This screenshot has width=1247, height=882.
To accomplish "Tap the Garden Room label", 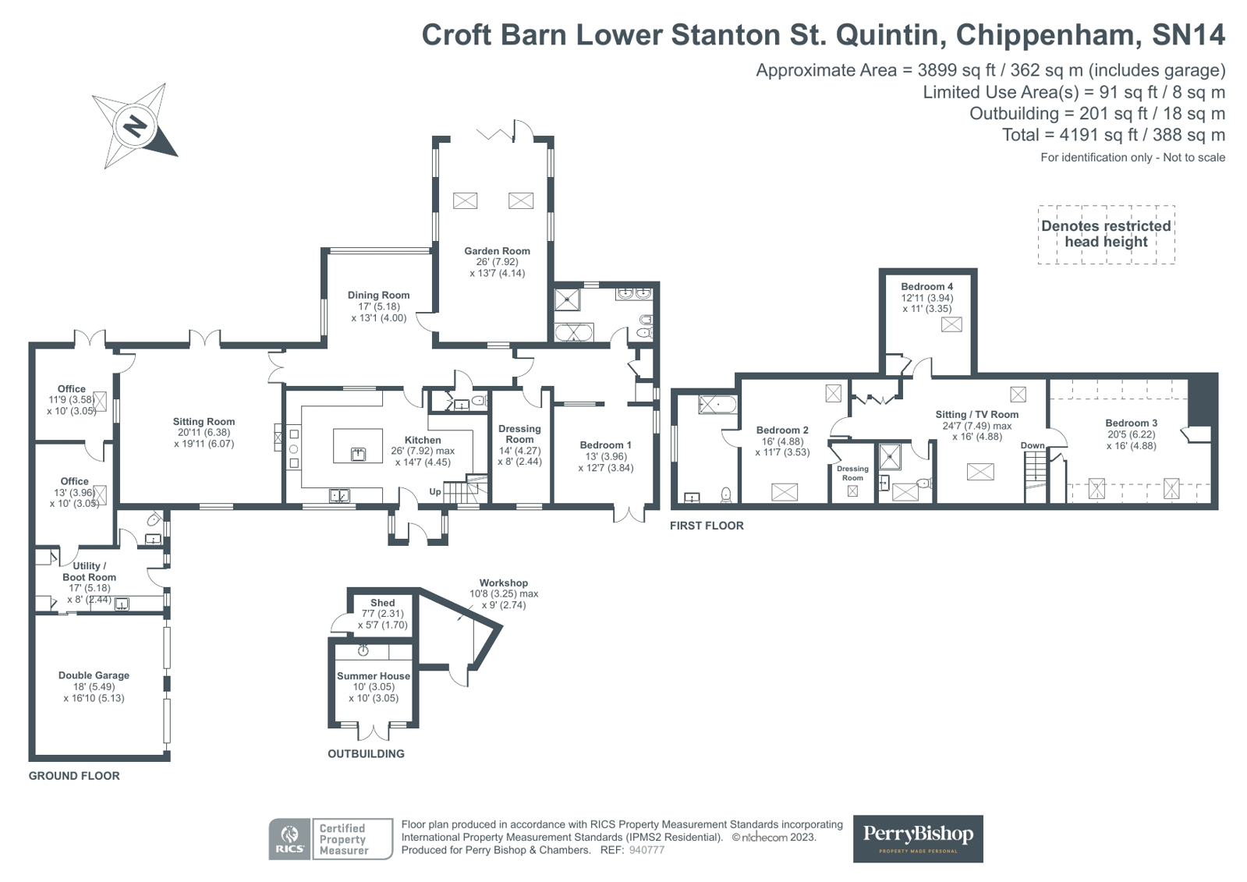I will pos(497,251).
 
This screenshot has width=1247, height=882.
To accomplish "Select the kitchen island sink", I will pos(358,454).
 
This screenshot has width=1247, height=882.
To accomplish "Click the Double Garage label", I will pos(94,675).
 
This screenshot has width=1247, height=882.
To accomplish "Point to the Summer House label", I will pos(373,676).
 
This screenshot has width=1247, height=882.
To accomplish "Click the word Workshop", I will pos(503,583).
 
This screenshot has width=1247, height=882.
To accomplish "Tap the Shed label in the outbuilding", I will pos(382,603).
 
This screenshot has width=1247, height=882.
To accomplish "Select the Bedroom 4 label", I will pos(926,286).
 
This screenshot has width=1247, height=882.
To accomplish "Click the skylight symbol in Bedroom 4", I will pos(951,324).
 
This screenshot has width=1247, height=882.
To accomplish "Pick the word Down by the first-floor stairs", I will pos(1032,446).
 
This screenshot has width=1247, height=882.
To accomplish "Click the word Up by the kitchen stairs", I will pos(435,492).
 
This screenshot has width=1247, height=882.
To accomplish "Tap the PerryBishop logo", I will pos(917,838).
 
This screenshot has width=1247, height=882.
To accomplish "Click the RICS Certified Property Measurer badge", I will pos(330,839).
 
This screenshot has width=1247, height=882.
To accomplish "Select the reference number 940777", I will pos(647,850).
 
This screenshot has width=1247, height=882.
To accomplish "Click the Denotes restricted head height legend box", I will pos(1105,234).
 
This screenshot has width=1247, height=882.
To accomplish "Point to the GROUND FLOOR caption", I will pos(74,776).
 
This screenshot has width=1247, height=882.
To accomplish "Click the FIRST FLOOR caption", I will pos(707,526).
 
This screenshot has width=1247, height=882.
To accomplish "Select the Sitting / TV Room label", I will pos(976,414).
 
